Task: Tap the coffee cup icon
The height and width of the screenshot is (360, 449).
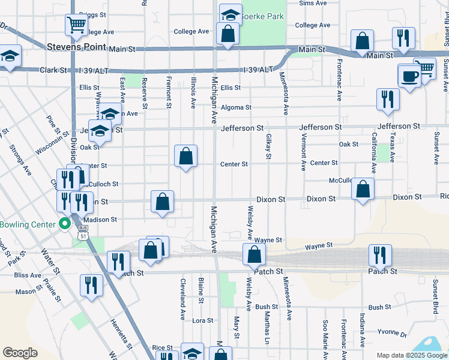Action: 410,76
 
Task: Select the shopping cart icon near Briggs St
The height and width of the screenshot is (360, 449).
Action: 77,25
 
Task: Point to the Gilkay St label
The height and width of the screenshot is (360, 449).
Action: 268,147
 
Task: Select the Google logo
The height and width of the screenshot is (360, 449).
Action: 20,353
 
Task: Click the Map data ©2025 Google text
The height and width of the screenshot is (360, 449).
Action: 411,355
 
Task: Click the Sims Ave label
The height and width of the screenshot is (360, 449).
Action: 313,3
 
